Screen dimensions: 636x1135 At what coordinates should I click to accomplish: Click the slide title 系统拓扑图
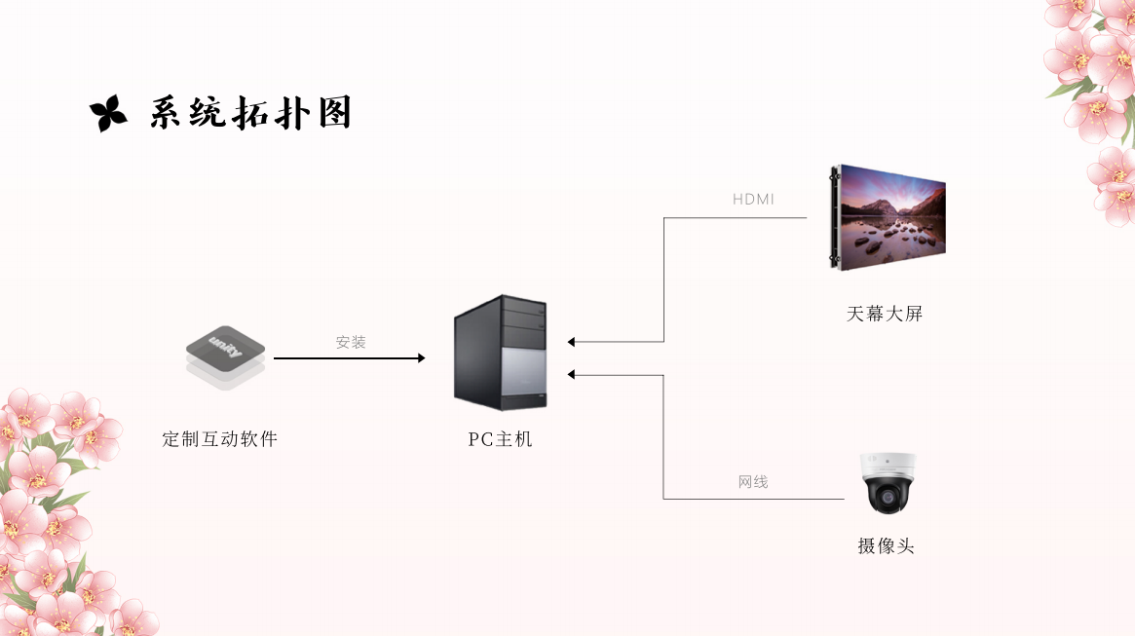[x=250, y=114]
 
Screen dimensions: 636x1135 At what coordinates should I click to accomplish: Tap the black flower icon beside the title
[x=108, y=114]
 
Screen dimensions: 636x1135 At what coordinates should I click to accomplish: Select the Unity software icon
[x=225, y=356]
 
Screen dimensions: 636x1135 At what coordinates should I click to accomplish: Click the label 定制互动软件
[x=220, y=439]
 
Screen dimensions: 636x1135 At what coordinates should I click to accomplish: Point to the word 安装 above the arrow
[x=351, y=343]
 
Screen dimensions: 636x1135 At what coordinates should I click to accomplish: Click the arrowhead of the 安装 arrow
[x=421, y=358]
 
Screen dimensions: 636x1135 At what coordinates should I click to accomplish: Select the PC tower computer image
[x=501, y=352]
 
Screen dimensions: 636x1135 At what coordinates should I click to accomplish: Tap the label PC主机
[x=501, y=439]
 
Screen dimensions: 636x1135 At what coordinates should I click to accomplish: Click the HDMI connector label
[x=753, y=200]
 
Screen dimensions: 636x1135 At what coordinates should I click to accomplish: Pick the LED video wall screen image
[x=889, y=216]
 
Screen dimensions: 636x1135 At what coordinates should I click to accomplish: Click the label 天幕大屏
[x=885, y=314]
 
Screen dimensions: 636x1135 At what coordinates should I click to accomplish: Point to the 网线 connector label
[x=753, y=482]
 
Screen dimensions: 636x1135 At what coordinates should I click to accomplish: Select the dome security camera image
[x=887, y=483]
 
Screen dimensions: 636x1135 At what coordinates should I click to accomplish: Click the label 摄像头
[x=886, y=546]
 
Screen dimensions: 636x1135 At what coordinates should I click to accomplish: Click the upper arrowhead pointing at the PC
[x=572, y=342]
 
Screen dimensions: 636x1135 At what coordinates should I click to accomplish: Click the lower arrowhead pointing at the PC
[x=572, y=374]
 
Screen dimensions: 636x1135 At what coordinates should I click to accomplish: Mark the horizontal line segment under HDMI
[x=736, y=217]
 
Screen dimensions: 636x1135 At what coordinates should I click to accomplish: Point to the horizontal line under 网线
[x=753, y=499]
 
